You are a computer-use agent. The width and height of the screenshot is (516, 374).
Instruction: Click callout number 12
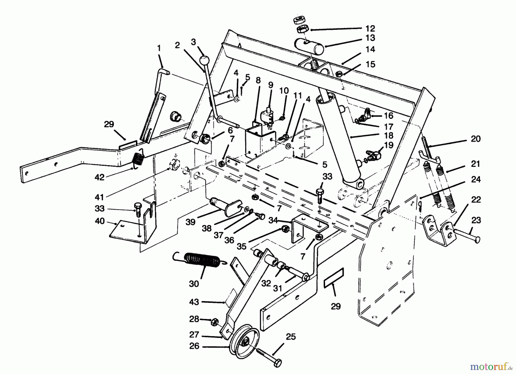click(370, 28)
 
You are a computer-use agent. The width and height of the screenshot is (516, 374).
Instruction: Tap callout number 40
click(99, 221)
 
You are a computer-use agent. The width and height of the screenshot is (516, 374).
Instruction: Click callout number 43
click(194, 302)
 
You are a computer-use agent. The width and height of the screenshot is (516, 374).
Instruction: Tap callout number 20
click(476, 139)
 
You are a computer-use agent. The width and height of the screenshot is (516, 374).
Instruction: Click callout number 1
click(159, 48)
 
